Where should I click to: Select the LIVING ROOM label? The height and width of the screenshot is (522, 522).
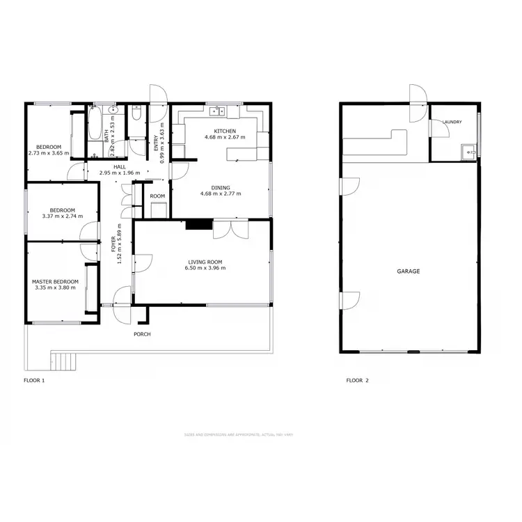[205, 262]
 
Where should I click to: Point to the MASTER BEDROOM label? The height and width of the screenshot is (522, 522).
[55, 281]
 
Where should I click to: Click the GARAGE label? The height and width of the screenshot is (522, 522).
[409, 271]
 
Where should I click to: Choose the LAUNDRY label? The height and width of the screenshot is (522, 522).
[452, 122]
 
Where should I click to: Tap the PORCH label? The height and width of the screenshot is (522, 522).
[143, 334]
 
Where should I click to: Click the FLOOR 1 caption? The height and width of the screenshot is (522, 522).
[34, 381]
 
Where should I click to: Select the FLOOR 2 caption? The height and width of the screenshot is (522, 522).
[358, 381]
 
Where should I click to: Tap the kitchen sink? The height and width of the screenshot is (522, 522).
[220, 110]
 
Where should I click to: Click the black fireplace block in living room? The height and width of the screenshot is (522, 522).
[199, 224]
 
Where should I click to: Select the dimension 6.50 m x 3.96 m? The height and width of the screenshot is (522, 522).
[205, 269]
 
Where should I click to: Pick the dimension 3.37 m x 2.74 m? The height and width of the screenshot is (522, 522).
[63, 216]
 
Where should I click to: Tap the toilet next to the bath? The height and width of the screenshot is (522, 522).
[136, 112]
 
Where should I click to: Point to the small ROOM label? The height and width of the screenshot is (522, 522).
[158, 196]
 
